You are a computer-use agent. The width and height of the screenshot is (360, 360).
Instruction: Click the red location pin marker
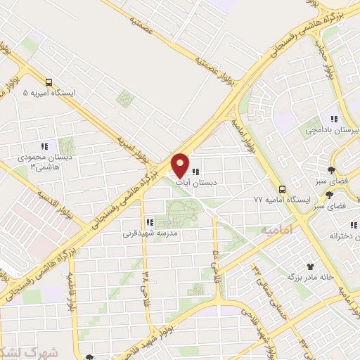pos(180,165)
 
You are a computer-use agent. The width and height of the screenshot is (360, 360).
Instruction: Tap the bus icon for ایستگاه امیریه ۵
pos(47,82)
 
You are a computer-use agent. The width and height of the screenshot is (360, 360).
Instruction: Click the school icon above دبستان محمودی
pos(44,146)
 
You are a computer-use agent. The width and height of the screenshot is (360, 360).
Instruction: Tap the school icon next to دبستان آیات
pos(196,170)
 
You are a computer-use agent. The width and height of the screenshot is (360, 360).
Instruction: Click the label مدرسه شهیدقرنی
pos(150,231)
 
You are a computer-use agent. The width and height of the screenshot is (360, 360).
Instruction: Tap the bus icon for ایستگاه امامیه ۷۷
pos(282,189)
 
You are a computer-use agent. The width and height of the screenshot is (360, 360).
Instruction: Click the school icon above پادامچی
pos(335,119)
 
